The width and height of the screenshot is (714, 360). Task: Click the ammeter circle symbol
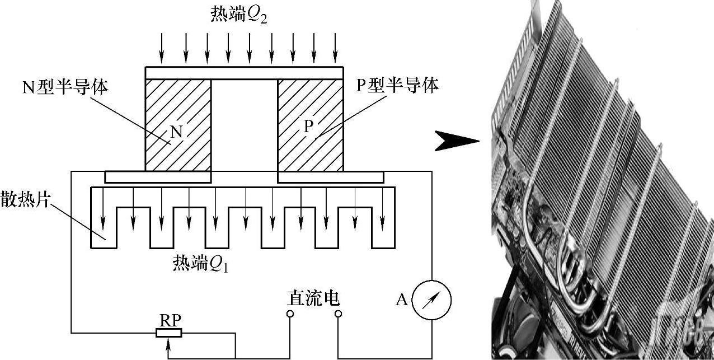click(x=431, y=300)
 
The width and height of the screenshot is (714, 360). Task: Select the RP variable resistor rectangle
click(x=168, y=333)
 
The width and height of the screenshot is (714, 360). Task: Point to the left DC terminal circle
click(x=290, y=314)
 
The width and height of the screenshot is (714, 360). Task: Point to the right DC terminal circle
click(x=338, y=314)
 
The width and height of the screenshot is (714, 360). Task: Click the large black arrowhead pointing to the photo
click(x=457, y=142)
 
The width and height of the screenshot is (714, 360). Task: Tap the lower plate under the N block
click(x=158, y=177)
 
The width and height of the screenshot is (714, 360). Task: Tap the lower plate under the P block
click(x=330, y=177)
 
